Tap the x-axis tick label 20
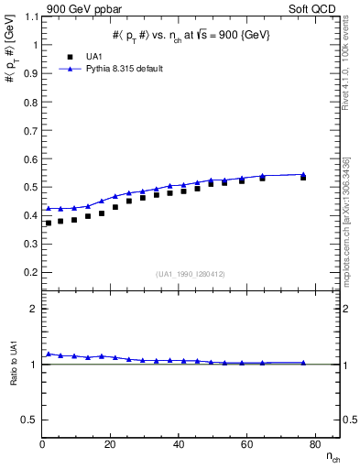pos(111,445)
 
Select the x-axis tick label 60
pos(246,445)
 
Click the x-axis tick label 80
pos(314,445)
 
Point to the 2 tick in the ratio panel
pos(33,309)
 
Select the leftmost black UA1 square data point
pos(49,223)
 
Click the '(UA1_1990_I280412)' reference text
pos(191,274)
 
